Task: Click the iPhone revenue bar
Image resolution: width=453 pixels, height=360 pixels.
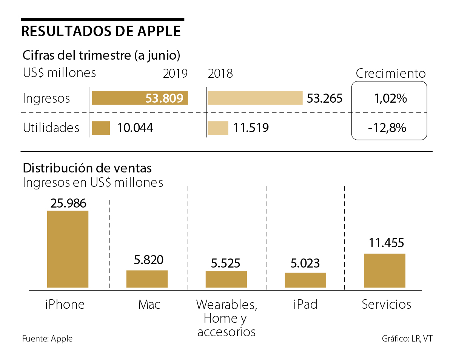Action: point(68,249)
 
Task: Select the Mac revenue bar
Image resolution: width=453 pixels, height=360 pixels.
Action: point(147,279)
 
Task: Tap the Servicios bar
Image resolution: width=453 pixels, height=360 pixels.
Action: point(385,270)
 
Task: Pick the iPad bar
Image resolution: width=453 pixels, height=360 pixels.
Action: point(305,280)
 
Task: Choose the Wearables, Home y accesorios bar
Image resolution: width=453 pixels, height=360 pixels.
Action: point(226,279)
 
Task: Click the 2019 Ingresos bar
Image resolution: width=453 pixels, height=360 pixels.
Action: point(140,98)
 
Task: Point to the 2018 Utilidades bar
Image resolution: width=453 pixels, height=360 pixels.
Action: point(218,128)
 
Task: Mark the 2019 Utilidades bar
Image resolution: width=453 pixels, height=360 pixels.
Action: point(101,128)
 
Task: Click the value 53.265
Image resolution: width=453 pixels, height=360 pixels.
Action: point(324,99)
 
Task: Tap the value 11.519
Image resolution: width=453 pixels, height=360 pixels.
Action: point(251,128)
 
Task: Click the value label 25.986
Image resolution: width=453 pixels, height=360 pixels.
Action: point(68,203)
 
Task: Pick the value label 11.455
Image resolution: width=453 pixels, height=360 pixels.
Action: point(385,242)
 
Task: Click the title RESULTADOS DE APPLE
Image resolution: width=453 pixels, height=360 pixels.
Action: point(101,31)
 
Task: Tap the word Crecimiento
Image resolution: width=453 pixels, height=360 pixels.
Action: point(390,73)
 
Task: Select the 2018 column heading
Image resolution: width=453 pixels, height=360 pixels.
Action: point(220,73)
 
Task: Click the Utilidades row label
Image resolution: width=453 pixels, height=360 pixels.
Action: point(51,128)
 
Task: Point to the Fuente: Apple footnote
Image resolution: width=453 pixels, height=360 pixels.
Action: point(47,338)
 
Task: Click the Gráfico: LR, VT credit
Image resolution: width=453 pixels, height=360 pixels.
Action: point(407,338)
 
